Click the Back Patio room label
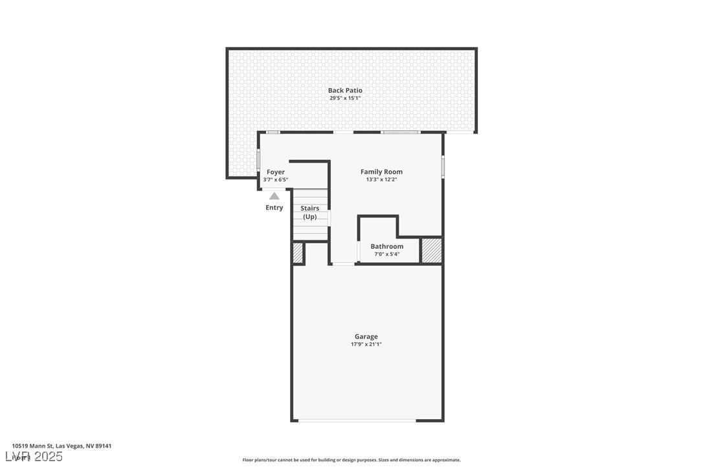click(345, 91)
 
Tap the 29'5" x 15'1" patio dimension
click(345, 98)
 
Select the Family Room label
click(381, 172)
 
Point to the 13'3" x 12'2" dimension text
click(381, 179)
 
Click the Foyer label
click(276, 172)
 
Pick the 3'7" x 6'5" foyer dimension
click(276, 179)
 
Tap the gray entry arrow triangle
click(274, 196)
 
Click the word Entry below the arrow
click(274, 207)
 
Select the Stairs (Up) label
click(310, 212)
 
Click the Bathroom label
click(387, 246)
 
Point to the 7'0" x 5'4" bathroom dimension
click(387, 254)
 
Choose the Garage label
click(366, 337)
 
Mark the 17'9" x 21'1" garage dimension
click(366, 344)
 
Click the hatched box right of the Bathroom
click(432, 251)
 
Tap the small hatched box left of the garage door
click(298, 253)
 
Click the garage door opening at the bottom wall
click(357, 420)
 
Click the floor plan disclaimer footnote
click(351, 460)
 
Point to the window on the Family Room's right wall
click(443, 166)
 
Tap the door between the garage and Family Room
click(343, 264)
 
